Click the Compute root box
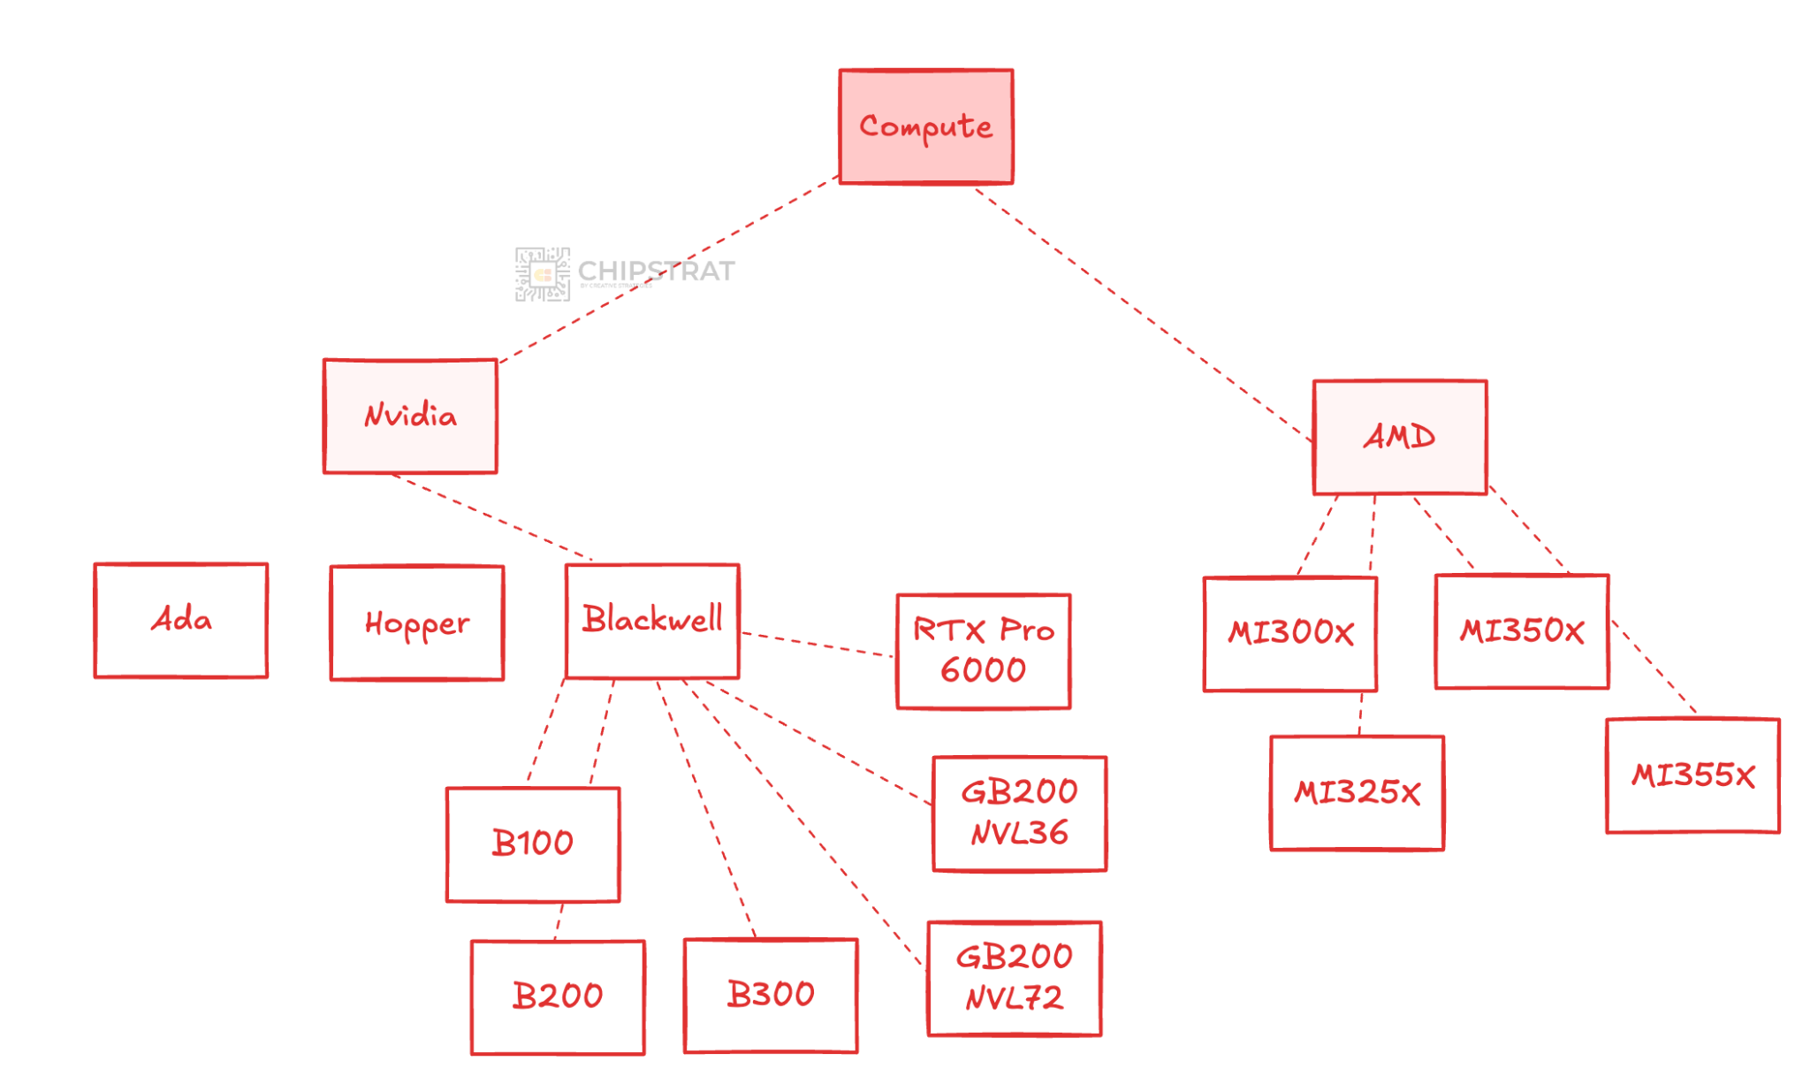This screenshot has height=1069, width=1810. tap(925, 126)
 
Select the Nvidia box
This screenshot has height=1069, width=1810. tap(410, 416)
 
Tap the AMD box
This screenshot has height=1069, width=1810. tap(1400, 437)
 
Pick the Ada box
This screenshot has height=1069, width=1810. tap(181, 620)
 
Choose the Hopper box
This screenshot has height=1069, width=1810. tap(417, 623)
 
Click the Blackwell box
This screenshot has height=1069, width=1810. tap(652, 621)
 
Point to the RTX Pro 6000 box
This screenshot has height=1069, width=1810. tap(983, 651)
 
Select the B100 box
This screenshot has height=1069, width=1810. tap(533, 844)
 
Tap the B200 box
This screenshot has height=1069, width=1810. tap(558, 996)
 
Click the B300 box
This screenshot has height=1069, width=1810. tap(771, 995)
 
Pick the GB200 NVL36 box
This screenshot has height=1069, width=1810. tap(1019, 813)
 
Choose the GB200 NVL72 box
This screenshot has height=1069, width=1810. tap(1014, 978)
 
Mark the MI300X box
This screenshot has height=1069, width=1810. tap(1290, 633)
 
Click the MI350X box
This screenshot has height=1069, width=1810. tap(1522, 631)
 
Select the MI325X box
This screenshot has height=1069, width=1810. tap(1357, 792)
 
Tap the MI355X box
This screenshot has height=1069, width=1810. tap(1692, 775)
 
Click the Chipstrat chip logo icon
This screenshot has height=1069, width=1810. tap(542, 274)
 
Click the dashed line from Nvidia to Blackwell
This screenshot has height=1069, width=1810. tap(491, 517)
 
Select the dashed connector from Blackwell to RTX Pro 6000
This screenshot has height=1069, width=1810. tap(818, 645)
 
